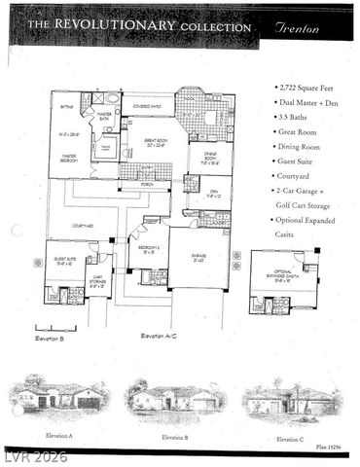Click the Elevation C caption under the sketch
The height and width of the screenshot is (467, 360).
point(290,440)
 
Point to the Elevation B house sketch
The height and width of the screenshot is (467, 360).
point(173,397)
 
